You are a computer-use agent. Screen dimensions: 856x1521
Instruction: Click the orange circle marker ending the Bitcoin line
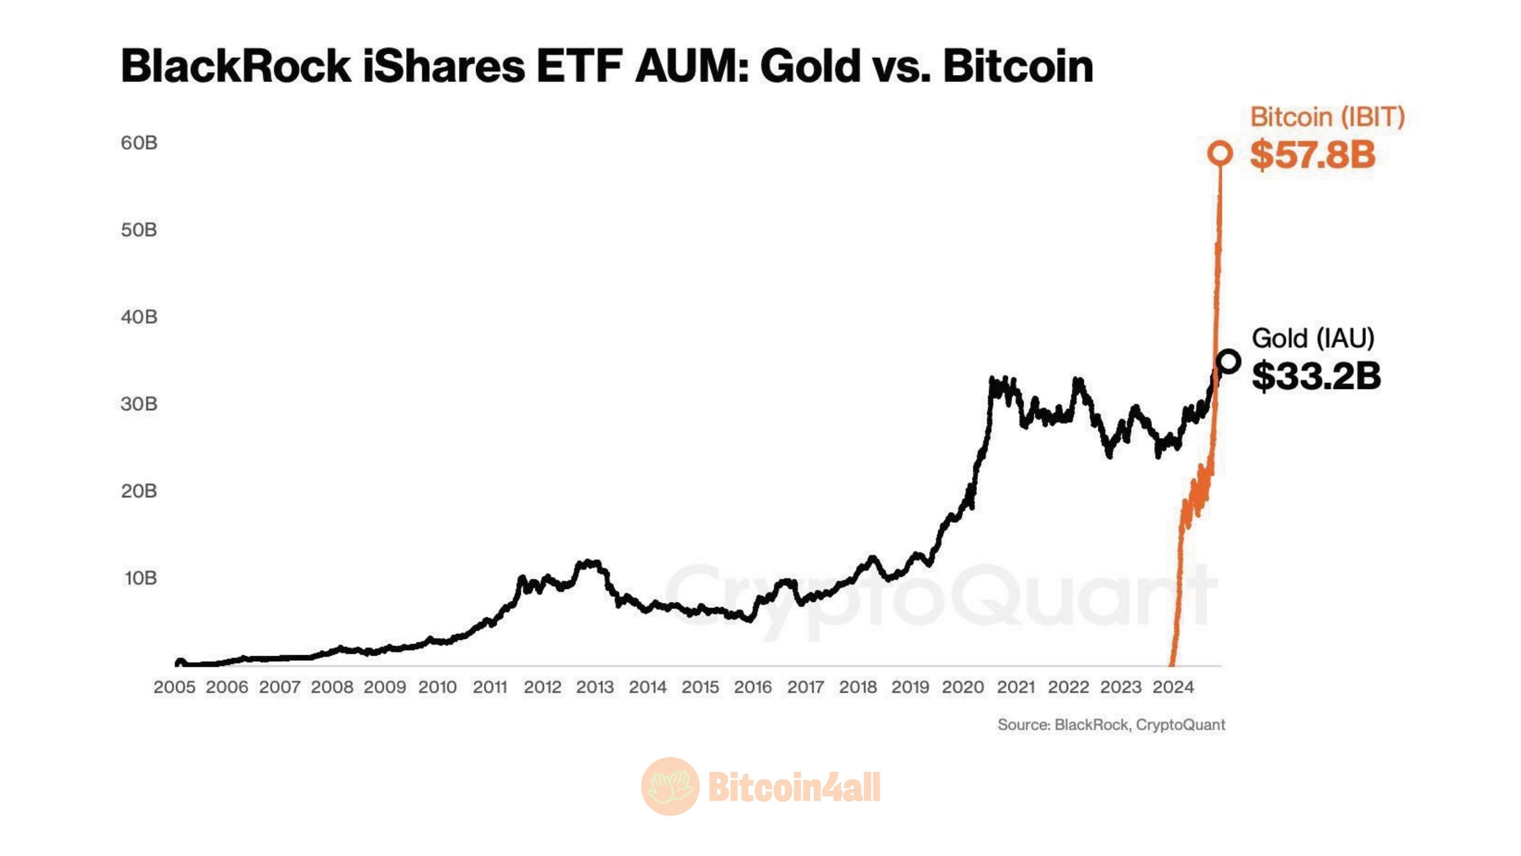point(1219,153)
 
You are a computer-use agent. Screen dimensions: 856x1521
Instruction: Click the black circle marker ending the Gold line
point(1228,361)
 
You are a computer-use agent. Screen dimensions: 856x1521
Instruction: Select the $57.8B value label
point(1312,155)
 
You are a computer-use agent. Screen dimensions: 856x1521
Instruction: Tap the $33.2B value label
point(1316,376)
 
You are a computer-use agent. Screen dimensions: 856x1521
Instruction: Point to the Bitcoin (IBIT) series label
point(1327,117)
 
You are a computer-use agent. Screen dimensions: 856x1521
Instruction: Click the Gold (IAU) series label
point(1312,338)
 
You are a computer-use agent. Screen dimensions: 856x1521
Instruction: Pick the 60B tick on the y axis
point(139,143)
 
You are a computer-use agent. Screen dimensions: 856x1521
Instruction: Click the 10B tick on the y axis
point(140,578)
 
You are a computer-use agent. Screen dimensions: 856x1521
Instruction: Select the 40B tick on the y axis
point(139,317)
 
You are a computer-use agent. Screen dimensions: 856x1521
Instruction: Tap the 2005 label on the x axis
point(174,688)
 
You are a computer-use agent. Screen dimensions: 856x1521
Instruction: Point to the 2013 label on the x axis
point(595,688)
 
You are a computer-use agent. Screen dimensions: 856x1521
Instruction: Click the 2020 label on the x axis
point(963,688)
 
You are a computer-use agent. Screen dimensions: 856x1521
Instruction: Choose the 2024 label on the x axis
point(1173,688)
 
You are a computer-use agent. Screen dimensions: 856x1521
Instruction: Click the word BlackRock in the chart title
point(236,66)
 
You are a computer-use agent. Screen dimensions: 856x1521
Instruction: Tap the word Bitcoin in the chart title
point(1018,66)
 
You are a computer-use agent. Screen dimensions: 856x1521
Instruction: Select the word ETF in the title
point(579,66)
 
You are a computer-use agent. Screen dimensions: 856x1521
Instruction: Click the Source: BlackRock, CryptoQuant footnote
point(1111,725)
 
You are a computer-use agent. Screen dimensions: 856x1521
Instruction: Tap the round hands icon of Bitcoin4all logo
point(669,786)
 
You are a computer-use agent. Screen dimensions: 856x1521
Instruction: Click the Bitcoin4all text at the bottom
point(794,787)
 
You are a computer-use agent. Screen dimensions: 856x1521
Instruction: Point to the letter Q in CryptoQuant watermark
point(990,594)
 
